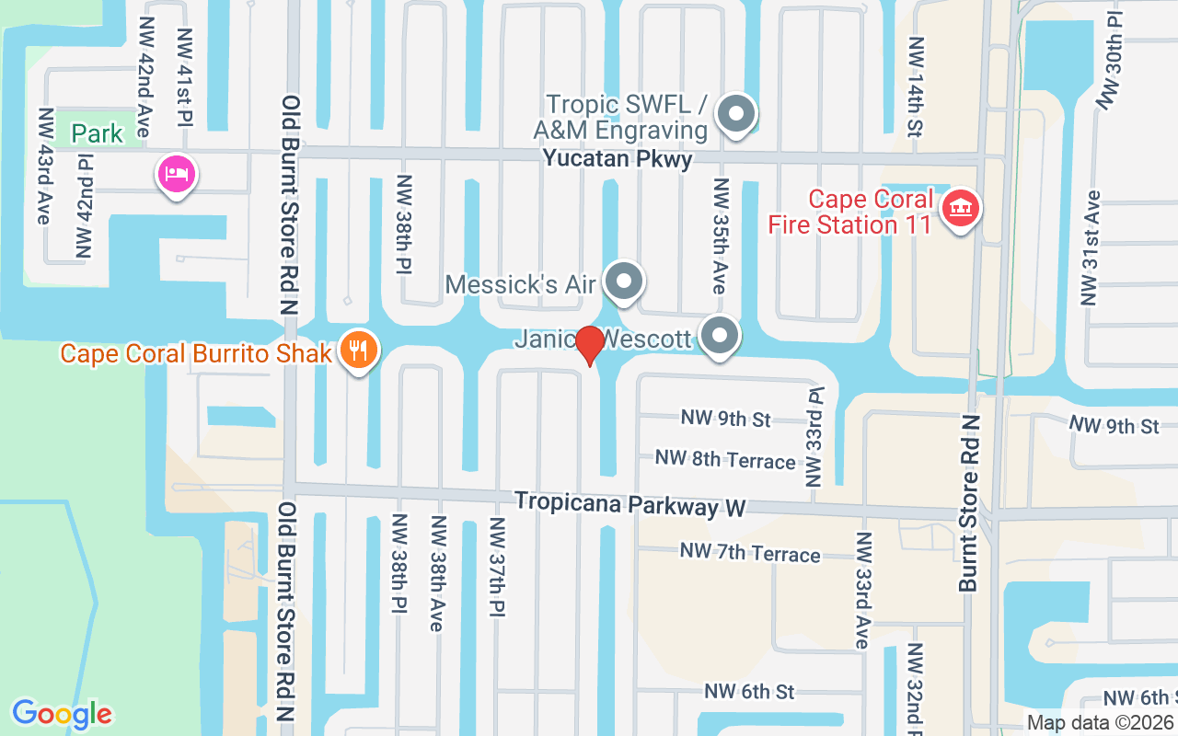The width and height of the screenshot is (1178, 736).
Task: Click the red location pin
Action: coord(589,345)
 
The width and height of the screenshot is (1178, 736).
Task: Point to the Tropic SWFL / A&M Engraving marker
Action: coord(735,115)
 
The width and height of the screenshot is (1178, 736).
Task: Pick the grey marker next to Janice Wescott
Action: coord(720,336)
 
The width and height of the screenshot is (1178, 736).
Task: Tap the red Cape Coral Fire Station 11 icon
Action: coord(961,209)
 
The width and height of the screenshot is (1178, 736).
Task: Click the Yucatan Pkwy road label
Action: coord(617,158)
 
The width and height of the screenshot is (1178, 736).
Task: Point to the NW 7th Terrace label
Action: coord(750,553)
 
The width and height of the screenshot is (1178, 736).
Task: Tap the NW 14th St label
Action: coord(916,88)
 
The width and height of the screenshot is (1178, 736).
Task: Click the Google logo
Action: coord(62,713)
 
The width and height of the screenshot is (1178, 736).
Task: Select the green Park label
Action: coord(98,134)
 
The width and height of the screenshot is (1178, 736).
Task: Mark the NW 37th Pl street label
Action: coord(497,568)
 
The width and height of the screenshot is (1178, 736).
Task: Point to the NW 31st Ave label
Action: coord(1091,247)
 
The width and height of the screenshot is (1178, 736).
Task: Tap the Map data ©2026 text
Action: coord(1100,722)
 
